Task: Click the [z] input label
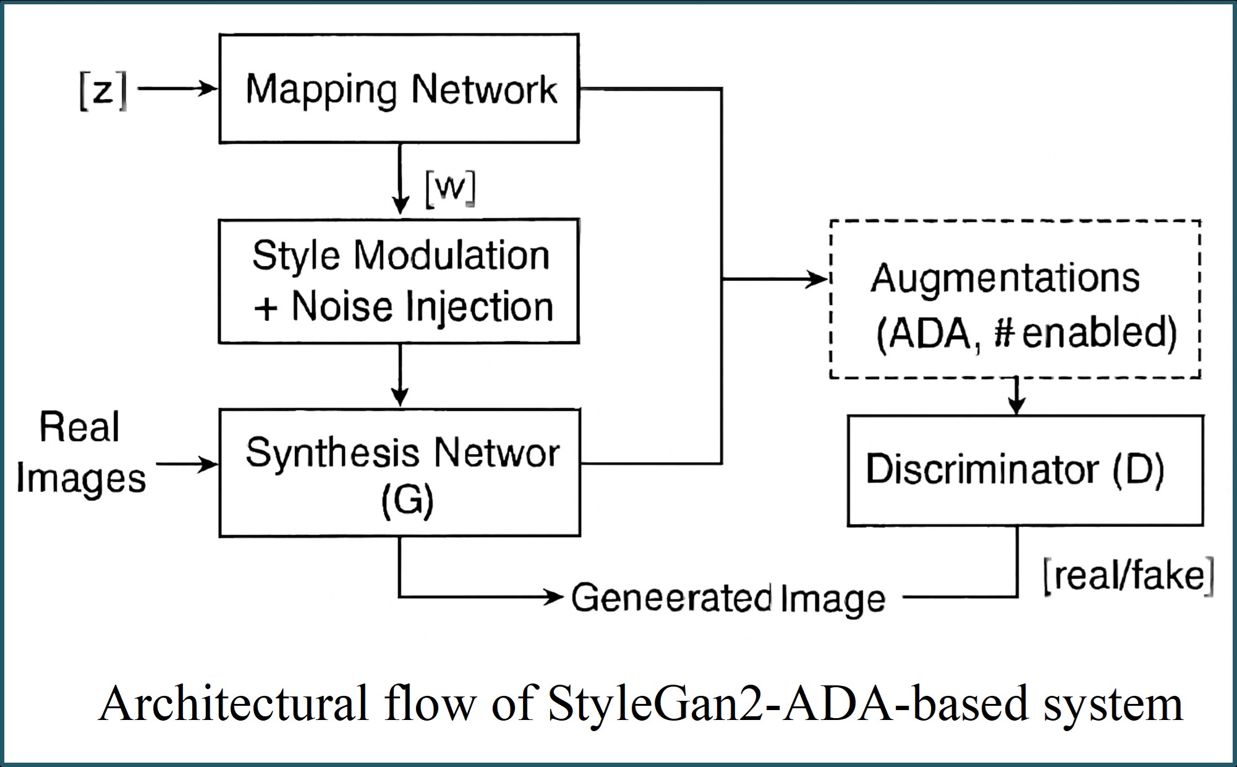coord(103,90)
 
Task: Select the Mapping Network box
coord(399,88)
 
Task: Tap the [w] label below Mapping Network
coord(450,188)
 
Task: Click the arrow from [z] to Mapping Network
coord(177,89)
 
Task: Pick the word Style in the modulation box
coord(295,256)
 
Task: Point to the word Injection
coord(483,307)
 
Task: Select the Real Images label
coord(80,453)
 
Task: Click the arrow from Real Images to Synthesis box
coord(187,464)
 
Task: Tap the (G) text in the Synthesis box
coord(407,500)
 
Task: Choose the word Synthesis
coord(333,453)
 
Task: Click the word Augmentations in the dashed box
coord(1005,278)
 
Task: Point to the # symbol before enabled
coord(1005,334)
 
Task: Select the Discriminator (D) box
coord(1025,470)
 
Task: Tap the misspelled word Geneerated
coord(671,598)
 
